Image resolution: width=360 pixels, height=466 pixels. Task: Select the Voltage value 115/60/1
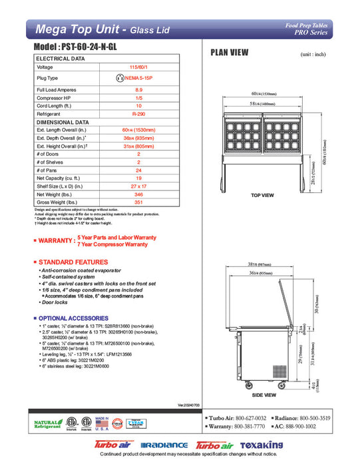coord(138,67)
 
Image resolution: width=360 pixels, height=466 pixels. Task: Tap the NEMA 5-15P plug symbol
coord(121,78)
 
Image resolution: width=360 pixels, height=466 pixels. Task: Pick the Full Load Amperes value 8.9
coord(138,89)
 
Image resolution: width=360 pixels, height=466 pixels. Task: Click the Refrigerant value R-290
coord(138,115)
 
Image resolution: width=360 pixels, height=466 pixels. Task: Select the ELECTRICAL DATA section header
coord(61,59)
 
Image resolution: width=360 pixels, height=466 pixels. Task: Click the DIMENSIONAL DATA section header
coord(63,123)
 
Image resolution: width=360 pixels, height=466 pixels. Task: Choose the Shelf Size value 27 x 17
coord(138,186)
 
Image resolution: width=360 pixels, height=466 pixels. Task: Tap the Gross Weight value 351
coord(138,202)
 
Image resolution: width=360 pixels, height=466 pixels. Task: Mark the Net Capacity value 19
coord(138,178)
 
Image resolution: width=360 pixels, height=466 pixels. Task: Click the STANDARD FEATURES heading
coord(73,262)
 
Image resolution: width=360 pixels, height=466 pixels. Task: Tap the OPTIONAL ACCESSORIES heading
coord(79,319)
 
